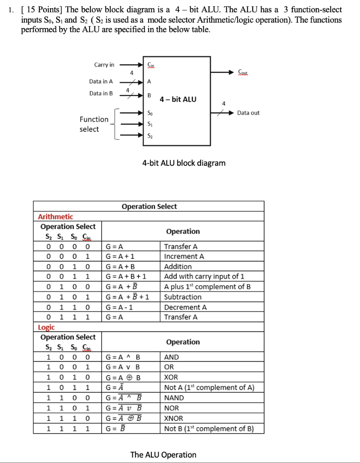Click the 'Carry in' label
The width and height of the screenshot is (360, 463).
104,65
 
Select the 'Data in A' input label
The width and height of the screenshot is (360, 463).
101,82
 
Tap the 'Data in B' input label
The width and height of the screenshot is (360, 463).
101,93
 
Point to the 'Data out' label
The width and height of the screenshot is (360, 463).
248,113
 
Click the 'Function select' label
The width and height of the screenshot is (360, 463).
94,124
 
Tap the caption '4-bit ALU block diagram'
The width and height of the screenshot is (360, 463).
184,163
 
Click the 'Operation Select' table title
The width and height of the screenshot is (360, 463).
149,207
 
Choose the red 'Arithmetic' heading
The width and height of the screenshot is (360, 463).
55,217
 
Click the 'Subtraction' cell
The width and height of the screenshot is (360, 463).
182,297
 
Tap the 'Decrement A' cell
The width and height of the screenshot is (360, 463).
185,307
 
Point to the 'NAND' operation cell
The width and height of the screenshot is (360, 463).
174,398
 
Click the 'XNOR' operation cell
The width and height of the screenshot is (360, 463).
174,418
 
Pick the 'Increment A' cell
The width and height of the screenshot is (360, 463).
184,256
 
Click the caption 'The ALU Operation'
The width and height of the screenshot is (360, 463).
163,454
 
